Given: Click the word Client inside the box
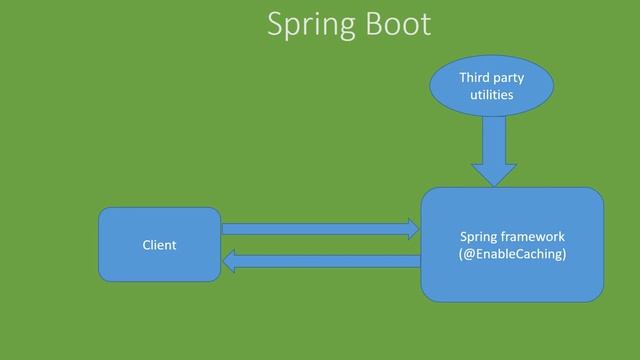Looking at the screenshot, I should tap(159, 245).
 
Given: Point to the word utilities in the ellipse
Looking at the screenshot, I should tap(491, 95).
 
